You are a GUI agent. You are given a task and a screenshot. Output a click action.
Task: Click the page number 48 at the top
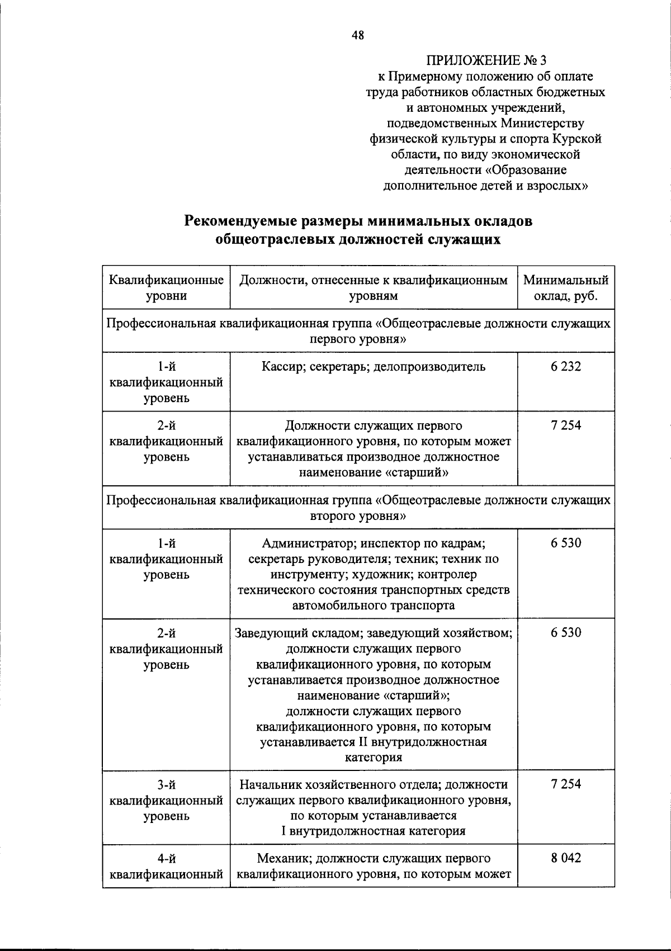[x=358, y=35]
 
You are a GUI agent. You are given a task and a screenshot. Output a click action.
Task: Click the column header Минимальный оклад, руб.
[x=566, y=287]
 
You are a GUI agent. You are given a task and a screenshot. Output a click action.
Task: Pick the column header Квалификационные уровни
[x=166, y=287]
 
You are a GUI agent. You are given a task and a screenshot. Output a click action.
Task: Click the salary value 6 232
[x=566, y=367]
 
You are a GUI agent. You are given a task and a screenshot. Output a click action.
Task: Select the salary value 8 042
[x=566, y=858]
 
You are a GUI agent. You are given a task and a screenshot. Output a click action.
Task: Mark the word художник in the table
[x=388, y=574]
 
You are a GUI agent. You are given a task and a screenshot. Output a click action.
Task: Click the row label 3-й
[x=166, y=784]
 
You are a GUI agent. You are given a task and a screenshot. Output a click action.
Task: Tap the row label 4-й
[x=166, y=858]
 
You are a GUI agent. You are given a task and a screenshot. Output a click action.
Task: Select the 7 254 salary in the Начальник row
[x=566, y=784]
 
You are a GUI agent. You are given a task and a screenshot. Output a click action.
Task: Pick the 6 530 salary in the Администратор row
[x=566, y=543]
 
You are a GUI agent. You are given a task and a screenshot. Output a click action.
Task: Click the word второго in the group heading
[x=331, y=515]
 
